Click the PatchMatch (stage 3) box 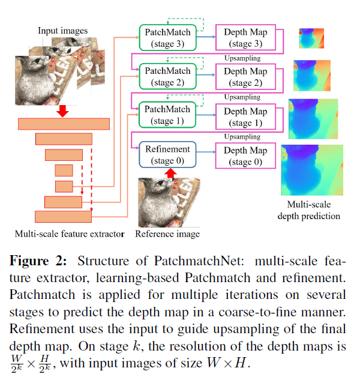click(x=167, y=37)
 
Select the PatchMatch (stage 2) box click(x=167, y=77)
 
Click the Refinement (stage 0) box click(x=167, y=155)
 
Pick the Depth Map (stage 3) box click(x=245, y=37)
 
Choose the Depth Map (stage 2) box click(x=245, y=77)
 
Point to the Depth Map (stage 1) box click(x=245, y=116)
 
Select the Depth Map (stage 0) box click(x=245, y=155)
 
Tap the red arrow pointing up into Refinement click(x=170, y=173)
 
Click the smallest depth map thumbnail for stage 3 click(x=311, y=39)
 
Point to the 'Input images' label click(x=62, y=30)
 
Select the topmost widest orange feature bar click(x=64, y=124)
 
